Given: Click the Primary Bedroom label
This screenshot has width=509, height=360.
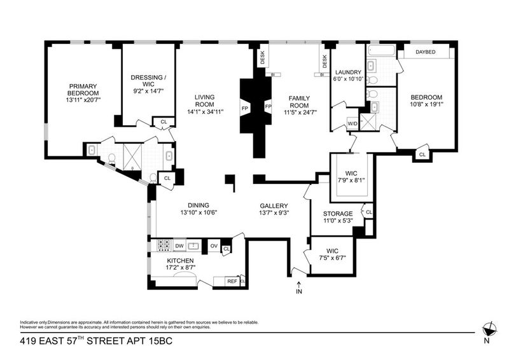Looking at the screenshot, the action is click(83, 90).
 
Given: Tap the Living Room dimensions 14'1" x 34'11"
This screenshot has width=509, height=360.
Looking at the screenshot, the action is click(206, 112).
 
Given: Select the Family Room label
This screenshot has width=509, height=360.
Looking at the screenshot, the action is click(299, 102).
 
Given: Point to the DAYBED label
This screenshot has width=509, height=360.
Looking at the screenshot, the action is click(425, 52).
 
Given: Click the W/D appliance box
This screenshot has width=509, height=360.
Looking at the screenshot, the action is click(352, 123).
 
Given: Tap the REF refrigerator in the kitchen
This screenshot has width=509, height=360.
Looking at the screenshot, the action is click(232, 281).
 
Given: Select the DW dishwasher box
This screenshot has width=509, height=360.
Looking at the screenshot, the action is click(179, 246).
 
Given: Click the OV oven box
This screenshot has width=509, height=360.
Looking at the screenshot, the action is click(214, 246).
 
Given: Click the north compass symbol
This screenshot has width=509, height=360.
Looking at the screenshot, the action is click(489, 330).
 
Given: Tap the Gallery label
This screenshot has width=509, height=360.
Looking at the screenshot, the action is click(274, 206).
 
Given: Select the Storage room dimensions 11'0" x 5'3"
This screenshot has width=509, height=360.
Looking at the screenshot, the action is click(338, 221).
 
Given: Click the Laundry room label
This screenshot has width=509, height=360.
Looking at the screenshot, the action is click(348, 73).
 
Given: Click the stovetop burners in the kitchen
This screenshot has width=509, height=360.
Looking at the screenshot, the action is click(164, 246).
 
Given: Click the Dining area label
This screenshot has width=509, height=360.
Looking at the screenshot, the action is click(199, 205).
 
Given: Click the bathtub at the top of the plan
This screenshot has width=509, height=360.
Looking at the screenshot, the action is click(381, 50).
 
